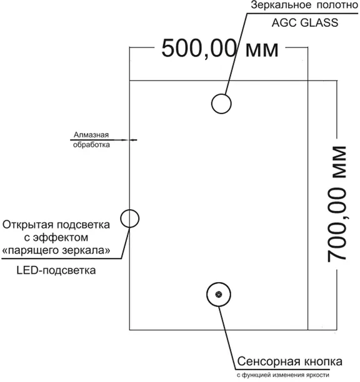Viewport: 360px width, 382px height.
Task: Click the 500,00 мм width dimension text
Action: point(220,49)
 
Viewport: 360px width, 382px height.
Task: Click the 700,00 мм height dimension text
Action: point(337,204)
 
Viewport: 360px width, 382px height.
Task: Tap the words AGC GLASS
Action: point(305,22)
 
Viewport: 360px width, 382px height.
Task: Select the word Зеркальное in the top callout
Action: point(281,5)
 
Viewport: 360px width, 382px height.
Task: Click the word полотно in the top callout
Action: point(337,5)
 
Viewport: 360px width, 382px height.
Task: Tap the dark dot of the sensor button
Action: point(219,294)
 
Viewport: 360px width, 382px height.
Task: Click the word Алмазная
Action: point(91,135)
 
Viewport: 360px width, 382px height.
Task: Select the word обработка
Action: point(91,145)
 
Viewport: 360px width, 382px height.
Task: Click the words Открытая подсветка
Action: point(56,225)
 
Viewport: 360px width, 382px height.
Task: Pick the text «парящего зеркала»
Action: point(56,250)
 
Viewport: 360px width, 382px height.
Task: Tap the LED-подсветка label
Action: point(56,270)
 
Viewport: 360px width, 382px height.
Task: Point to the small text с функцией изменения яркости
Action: point(283,375)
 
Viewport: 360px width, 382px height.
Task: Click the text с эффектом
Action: point(56,238)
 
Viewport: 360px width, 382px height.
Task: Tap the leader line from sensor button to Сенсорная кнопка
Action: point(227,338)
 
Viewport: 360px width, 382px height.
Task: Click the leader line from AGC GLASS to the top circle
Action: point(237,54)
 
